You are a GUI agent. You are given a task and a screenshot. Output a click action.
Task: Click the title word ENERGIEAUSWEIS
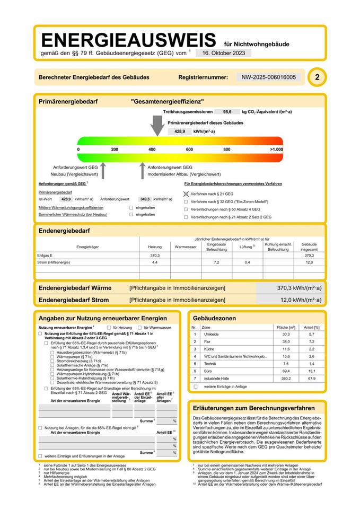tap(128, 40)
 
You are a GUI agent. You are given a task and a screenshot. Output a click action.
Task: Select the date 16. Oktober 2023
tap(223, 53)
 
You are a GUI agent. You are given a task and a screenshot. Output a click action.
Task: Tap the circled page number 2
tap(317, 77)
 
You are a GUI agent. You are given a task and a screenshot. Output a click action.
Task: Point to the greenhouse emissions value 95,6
tap(227, 112)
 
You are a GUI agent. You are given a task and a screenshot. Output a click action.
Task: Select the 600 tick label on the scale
tap(189, 150)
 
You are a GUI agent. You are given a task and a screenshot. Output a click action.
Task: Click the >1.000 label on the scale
tap(276, 150)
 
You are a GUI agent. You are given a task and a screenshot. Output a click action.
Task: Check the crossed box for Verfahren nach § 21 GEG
tap(186, 195)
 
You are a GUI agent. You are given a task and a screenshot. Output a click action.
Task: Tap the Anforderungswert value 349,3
tap(145, 199)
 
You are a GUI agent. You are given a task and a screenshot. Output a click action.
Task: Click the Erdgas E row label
tap(47, 256)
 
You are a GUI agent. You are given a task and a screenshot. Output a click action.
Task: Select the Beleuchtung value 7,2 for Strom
tap(216, 262)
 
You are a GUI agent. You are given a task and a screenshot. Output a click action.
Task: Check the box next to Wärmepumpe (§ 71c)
tap(52, 356)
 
